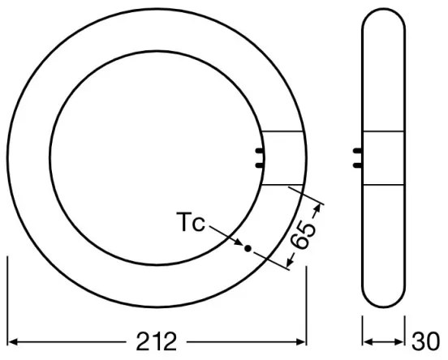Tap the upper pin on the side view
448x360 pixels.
point(358,152)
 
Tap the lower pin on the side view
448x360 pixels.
point(358,164)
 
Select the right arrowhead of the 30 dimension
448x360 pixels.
point(403,338)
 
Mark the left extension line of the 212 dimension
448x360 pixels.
point(9,300)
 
